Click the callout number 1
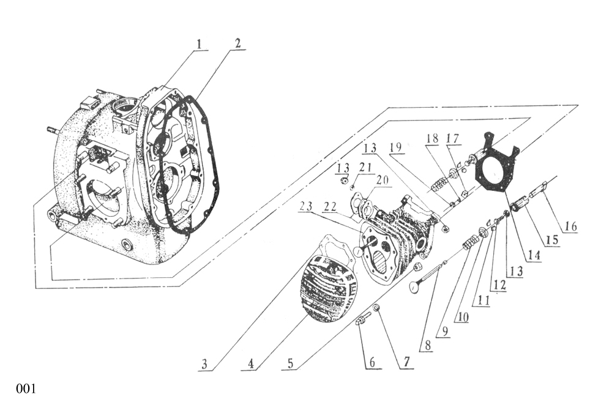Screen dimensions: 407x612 [200, 44]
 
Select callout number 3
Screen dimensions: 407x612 [206, 364]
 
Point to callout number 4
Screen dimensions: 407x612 [249, 364]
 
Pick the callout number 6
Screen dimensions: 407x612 [371, 362]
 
